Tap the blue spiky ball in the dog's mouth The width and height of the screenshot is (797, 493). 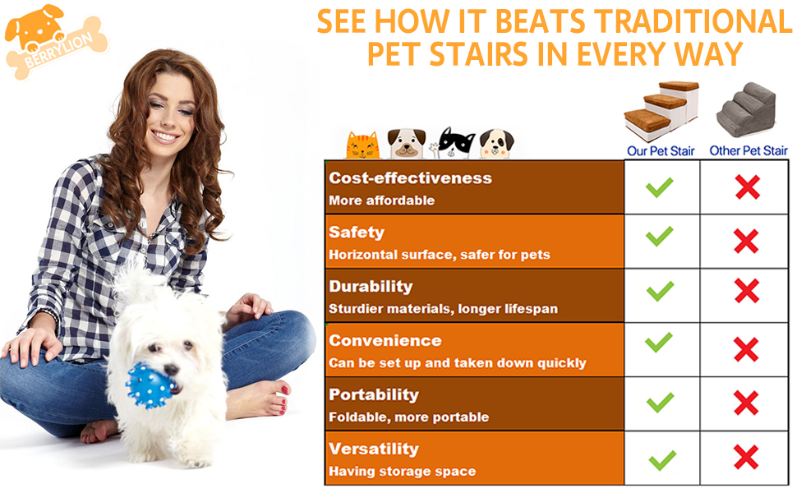pyautogui.click(x=149, y=383)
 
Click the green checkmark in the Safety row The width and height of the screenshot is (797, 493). pyautogui.click(x=660, y=237)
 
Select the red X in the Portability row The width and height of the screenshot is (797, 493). pyautogui.click(x=746, y=403)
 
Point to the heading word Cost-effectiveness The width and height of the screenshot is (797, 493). pyautogui.click(x=410, y=178)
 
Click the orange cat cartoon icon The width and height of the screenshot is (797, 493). pyautogui.click(x=362, y=145)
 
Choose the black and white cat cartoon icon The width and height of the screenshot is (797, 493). pyautogui.click(x=456, y=143)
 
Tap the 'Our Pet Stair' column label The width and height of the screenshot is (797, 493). pyautogui.click(x=661, y=150)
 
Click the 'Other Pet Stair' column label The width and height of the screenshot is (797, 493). pyautogui.click(x=748, y=150)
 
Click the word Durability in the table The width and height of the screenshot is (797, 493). pyautogui.click(x=371, y=287)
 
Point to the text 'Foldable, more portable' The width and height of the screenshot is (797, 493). pyautogui.click(x=408, y=417)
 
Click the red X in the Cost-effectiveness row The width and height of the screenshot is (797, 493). pyautogui.click(x=747, y=187)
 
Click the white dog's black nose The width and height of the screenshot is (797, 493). pyautogui.click(x=173, y=371)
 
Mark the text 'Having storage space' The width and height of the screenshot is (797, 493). pyautogui.click(x=402, y=472)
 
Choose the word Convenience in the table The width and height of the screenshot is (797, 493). pyautogui.click(x=385, y=341)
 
